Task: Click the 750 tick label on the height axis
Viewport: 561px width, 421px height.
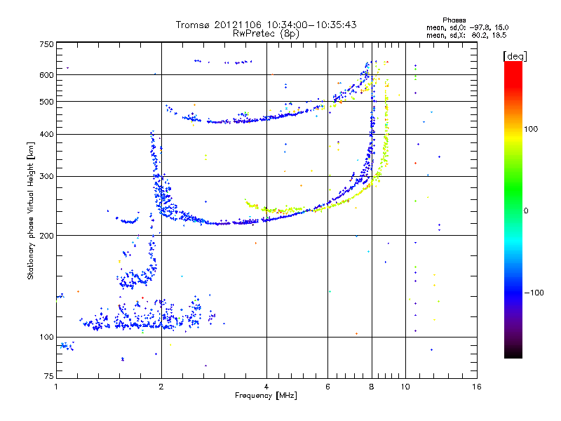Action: point(46,44)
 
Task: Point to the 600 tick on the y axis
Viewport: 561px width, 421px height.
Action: point(46,75)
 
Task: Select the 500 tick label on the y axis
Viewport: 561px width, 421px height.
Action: point(46,102)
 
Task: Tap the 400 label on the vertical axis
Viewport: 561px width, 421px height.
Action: point(46,134)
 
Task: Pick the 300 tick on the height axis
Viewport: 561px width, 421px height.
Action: point(46,176)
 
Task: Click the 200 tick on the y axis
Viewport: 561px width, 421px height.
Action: point(46,235)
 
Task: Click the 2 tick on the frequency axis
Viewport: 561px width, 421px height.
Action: point(161,387)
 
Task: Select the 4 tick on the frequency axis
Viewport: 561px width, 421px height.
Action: point(266,387)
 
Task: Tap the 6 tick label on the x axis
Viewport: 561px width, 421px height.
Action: point(327,387)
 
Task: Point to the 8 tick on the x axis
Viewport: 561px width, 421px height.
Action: point(372,387)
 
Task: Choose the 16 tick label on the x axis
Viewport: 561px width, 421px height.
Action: point(476,387)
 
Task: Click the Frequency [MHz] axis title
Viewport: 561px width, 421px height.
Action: point(266,396)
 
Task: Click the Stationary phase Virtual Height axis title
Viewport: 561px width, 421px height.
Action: point(31,210)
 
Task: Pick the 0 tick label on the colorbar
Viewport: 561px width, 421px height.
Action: point(525,210)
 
